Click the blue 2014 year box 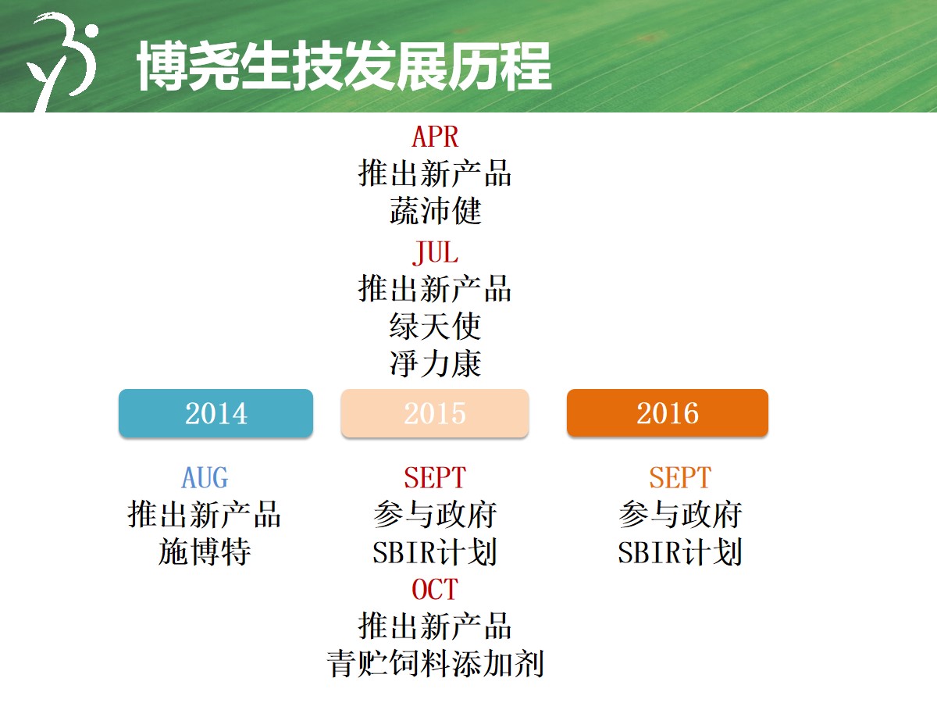click(216, 412)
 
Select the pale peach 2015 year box click(435, 412)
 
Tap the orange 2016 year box click(667, 412)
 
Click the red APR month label click(435, 137)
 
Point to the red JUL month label click(435, 252)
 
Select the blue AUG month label click(205, 477)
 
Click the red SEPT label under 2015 click(435, 477)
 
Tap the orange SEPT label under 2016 click(680, 477)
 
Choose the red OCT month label click(435, 590)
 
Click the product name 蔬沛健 click(435, 211)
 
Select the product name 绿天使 click(435, 326)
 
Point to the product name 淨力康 click(435, 364)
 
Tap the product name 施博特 click(205, 551)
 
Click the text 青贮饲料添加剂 click(435, 664)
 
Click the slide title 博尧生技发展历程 click(344, 66)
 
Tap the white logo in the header click(62, 62)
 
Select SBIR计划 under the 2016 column click(680, 552)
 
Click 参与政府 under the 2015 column click(435, 514)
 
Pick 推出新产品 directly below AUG click(205, 514)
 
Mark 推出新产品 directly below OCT click(435, 626)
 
